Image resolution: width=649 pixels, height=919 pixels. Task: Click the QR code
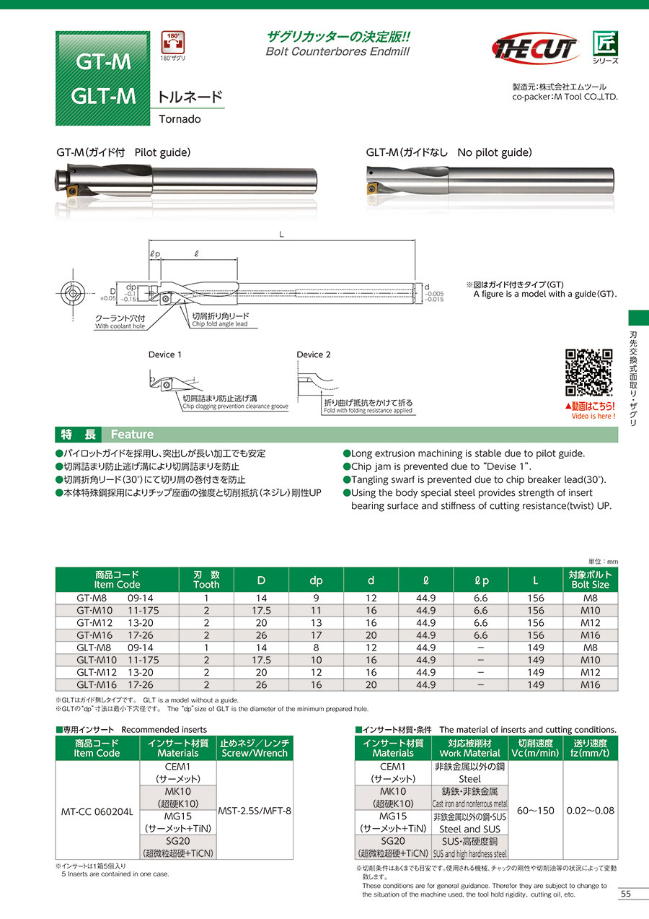coord(589,373)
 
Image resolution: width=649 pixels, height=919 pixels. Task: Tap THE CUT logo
coord(534,48)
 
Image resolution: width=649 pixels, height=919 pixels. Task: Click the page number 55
coord(625,894)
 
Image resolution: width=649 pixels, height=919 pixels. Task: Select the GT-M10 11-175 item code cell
coord(118,611)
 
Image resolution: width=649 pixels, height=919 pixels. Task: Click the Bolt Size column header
coord(590,579)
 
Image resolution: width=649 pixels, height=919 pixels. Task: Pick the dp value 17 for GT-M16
coord(316,635)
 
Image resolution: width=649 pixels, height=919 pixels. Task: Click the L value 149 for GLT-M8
coord(535,648)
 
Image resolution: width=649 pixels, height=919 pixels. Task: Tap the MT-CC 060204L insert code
coord(97,811)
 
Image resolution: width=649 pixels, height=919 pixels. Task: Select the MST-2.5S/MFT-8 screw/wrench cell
coord(255,811)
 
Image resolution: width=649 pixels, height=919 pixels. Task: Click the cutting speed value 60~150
coord(536,811)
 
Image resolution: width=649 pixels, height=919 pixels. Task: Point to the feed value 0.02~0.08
coord(591,811)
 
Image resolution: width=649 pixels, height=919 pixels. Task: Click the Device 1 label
coord(165,354)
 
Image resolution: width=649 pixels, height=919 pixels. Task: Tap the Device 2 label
coord(314,354)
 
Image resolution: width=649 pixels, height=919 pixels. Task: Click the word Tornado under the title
coord(180,119)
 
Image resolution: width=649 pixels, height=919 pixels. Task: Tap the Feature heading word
coord(132,435)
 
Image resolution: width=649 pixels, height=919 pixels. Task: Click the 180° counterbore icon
coord(172,43)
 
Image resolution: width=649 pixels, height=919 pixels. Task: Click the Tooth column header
coord(206,579)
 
